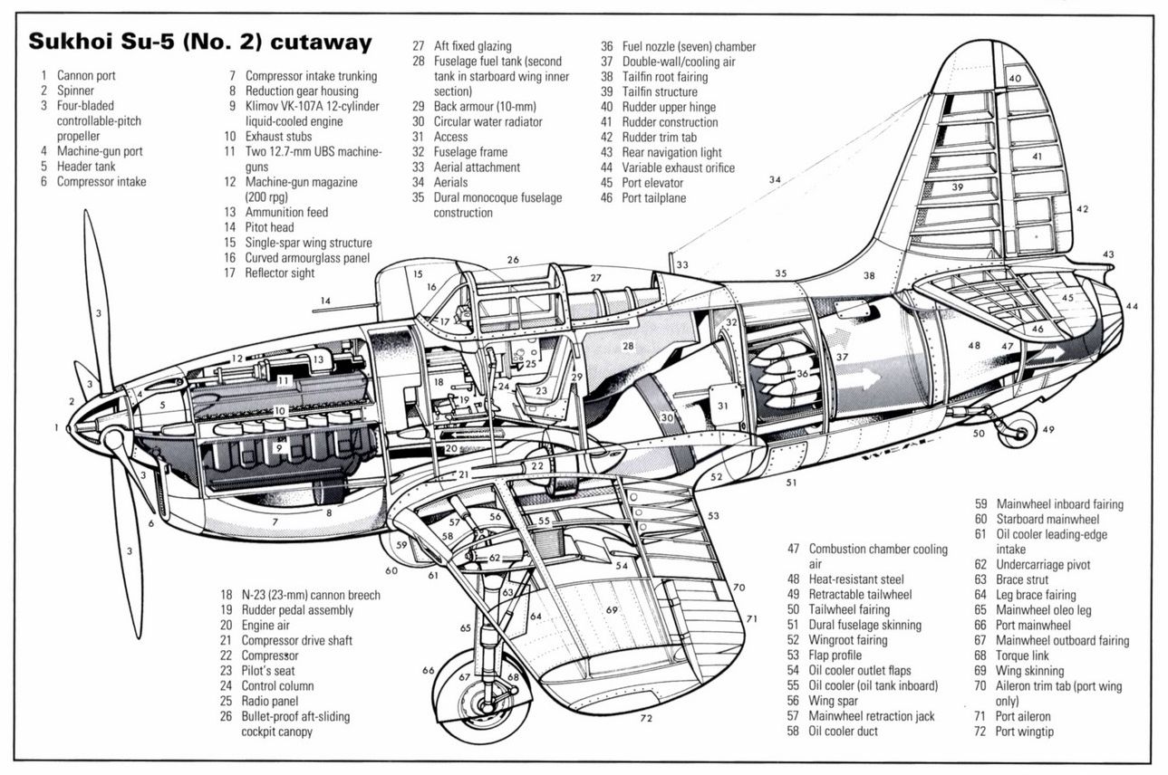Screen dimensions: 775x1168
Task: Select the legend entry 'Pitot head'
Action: tap(269, 227)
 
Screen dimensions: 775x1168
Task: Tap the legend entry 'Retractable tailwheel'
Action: tap(860, 595)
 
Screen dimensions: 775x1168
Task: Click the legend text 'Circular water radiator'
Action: tap(487, 121)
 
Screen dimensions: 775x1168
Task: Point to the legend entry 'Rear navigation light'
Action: tap(671, 152)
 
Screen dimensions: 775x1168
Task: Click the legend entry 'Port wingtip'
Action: tap(1025, 732)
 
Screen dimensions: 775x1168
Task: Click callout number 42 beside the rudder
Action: tap(1082, 209)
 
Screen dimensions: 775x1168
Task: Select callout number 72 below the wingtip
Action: tap(645, 719)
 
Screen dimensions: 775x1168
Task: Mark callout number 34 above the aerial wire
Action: tap(774, 180)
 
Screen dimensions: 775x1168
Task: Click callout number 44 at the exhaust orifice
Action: tap(1132, 307)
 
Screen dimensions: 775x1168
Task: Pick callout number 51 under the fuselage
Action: tap(791, 483)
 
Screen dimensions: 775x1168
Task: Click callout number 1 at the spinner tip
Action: tap(56, 426)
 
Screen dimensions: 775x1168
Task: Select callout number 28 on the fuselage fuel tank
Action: tap(628, 346)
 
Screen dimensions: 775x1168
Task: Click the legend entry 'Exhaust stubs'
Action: tap(278, 137)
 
